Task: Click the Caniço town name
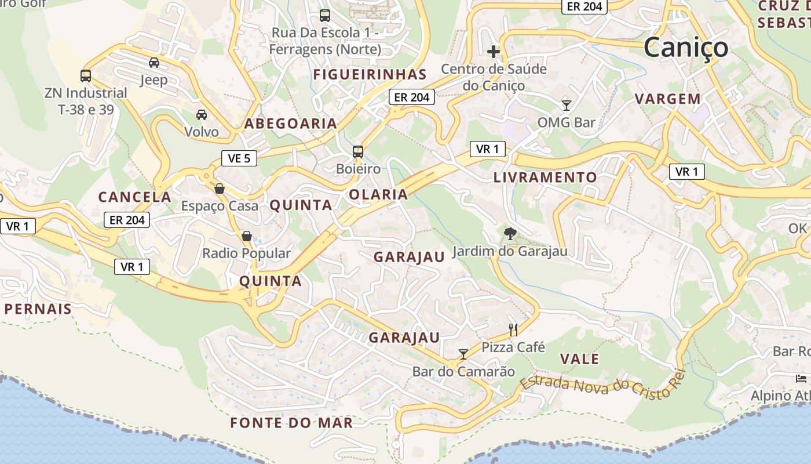[x=685, y=48]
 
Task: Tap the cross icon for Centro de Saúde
[x=493, y=52]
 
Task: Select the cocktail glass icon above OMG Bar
[x=566, y=105]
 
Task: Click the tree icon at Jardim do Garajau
[x=510, y=234]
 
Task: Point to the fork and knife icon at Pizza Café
[x=513, y=330]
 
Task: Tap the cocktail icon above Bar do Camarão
[x=463, y=354]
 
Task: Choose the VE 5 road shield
[x=239, y=158]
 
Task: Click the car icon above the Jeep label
[x=154, y=63]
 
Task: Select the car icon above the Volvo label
[x=201, y=115]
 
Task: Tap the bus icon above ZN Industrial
[x=86, y=75]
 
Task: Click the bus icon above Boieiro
[x=358, y=152]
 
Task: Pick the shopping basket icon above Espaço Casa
[x=219, y=188]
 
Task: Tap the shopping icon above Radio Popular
[x=246, y=236]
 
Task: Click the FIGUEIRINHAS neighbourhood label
[x=370, y=75]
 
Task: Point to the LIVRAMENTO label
[x=545, y=177]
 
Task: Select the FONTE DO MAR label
[x=291, y=423]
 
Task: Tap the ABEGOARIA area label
[x=290, y=124]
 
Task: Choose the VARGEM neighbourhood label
[x=668, y=99]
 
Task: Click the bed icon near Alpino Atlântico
[x=801, y=379]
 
